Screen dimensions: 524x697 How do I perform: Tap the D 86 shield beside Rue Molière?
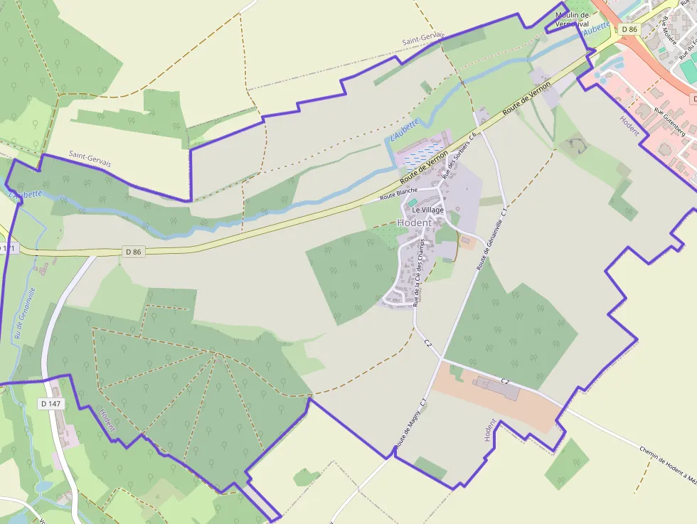pyautogui.click(x=629, y=29)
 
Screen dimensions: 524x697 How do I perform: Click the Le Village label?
pyautogui.click(x=427, y=210)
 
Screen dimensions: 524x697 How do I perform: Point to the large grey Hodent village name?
pyautogui.click(x=414, y=223)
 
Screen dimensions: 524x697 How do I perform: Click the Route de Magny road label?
pyautogui.click(x=410, y=424)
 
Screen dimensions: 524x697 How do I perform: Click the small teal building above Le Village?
pyautogui.click(x=413, y=203)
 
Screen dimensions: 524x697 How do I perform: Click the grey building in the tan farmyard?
pyautogui.click(x=497, y=387)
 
